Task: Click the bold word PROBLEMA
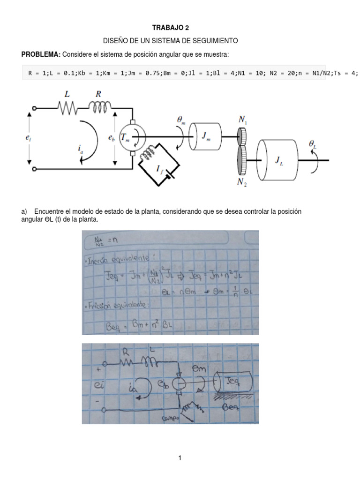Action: [x=40, y=55]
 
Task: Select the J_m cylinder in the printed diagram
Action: [x=205, y=137]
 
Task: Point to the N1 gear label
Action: [x=243, y=120]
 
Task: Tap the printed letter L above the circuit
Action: [x=67, y=95]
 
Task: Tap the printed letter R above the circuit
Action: [x=98, y=95]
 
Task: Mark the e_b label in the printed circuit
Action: [x=111, y=138]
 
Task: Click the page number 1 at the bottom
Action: [x=180, y=458]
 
